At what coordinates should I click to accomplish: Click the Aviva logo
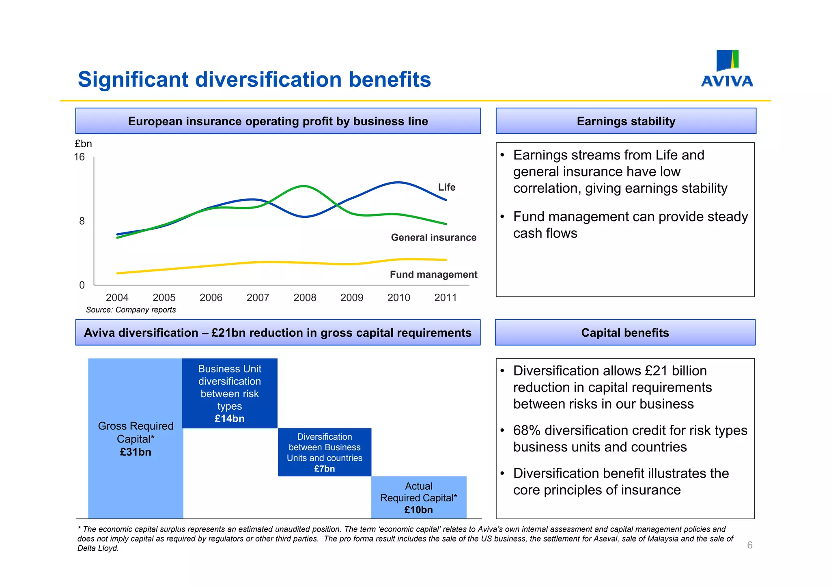pos(727,69)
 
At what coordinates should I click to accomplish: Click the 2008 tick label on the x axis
pos(305,298)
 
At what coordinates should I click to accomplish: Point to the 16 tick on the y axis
pos(80,157)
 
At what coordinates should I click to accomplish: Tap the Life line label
pos(446,187)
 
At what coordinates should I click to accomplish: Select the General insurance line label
pos(433,238)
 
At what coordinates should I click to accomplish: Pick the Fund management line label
pos(433,275)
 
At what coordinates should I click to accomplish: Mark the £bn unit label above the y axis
pos(83,144)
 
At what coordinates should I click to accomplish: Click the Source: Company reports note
pos(131,310)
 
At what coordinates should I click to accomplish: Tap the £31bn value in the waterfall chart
pos(136,452)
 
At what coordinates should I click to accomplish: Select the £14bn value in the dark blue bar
pos(230,419)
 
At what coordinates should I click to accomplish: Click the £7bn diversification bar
pos(325,452)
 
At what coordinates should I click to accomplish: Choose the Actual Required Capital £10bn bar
pos(419,498)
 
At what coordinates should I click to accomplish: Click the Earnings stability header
pos(626,121)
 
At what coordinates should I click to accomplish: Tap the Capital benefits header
pos(625,333)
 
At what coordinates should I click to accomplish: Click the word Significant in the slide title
pos(133,80)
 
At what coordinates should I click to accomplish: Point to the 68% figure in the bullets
pos(526,430)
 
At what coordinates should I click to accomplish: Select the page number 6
pos(749,545)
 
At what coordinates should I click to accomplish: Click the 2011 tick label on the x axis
pos(445,298)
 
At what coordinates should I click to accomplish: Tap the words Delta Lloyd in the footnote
pos(97,548)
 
